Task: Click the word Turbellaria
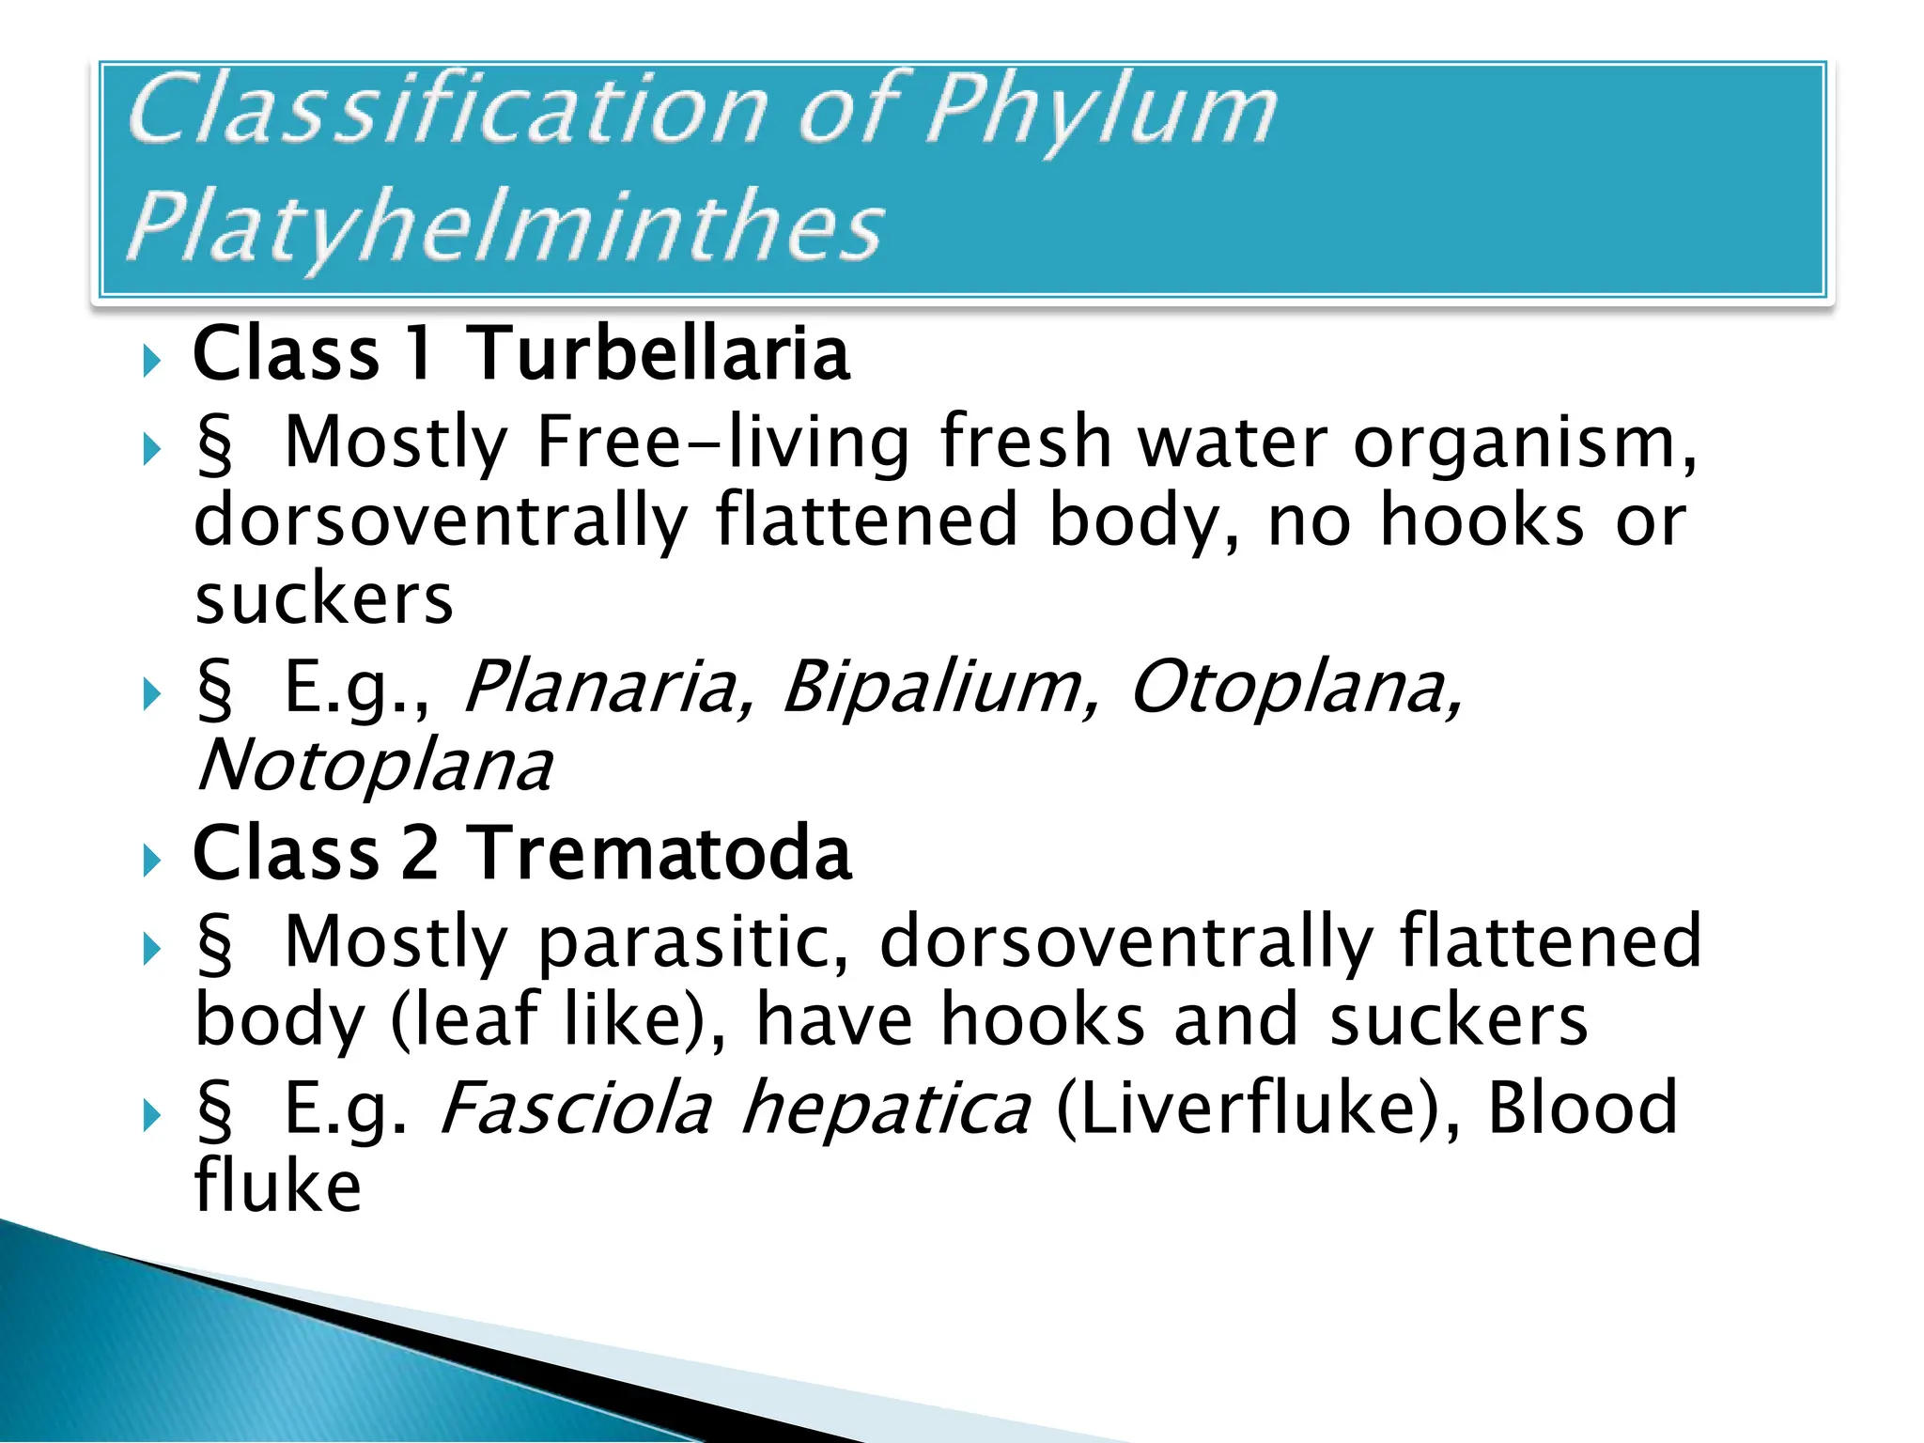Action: point(658,353)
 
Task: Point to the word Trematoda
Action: point(659,853)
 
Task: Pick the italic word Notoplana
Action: point(374,766)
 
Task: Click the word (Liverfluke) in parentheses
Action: point(1258,1109)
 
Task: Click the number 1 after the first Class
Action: point(420,353)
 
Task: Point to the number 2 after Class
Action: point(420,853)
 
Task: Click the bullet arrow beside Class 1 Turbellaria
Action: point(151,360)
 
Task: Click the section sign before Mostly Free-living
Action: point(214,444)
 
